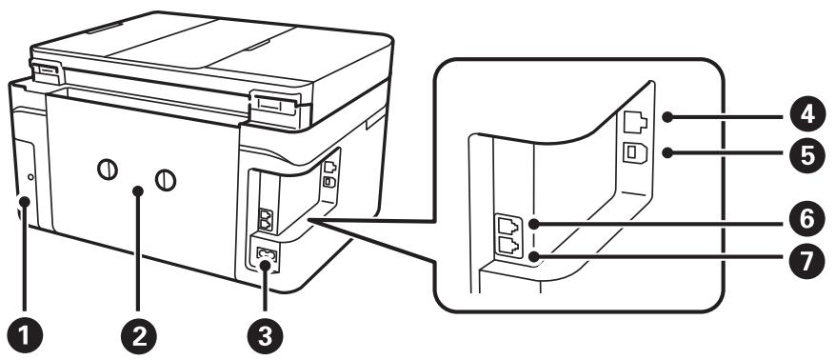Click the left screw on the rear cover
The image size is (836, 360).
click(x=107, y=172)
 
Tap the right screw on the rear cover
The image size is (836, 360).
click(x=167, y=179)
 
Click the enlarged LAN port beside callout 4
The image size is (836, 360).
click(x=635, y=122)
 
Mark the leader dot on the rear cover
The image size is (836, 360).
click(x=138, y=193)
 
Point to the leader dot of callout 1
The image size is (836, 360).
click(x=21, y=202)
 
